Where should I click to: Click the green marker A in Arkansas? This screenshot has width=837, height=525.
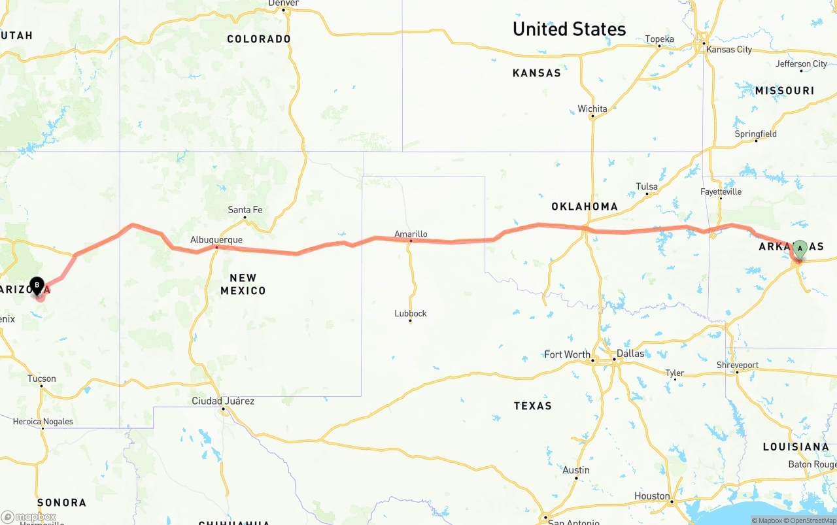point(800,248)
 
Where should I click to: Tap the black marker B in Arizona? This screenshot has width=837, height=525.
point(37,286)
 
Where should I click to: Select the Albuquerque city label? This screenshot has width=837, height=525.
point(216,240)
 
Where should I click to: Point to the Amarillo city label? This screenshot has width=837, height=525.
point(411,233)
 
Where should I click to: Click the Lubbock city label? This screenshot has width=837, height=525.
point(411,313)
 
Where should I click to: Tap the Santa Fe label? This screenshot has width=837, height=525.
point(245,210)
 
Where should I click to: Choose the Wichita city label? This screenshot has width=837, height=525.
point(592,109)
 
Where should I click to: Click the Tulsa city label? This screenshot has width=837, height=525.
point(647,187)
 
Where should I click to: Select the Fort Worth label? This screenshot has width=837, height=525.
point(567,354)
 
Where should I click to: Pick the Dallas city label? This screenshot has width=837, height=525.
point(630,353)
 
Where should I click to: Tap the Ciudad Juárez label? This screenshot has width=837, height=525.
point(223,401)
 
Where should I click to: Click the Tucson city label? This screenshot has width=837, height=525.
point(42,379)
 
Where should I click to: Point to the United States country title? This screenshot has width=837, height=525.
point(569,29)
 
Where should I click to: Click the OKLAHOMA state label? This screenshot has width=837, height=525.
point(585,207)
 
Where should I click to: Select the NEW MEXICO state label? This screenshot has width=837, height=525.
point(243,284)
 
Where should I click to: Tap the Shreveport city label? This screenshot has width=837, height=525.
point(738,365)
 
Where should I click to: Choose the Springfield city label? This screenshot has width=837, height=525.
point(756,134)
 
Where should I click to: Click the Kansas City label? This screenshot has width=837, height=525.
point(728,50)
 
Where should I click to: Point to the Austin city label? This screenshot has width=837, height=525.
point(576,470)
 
